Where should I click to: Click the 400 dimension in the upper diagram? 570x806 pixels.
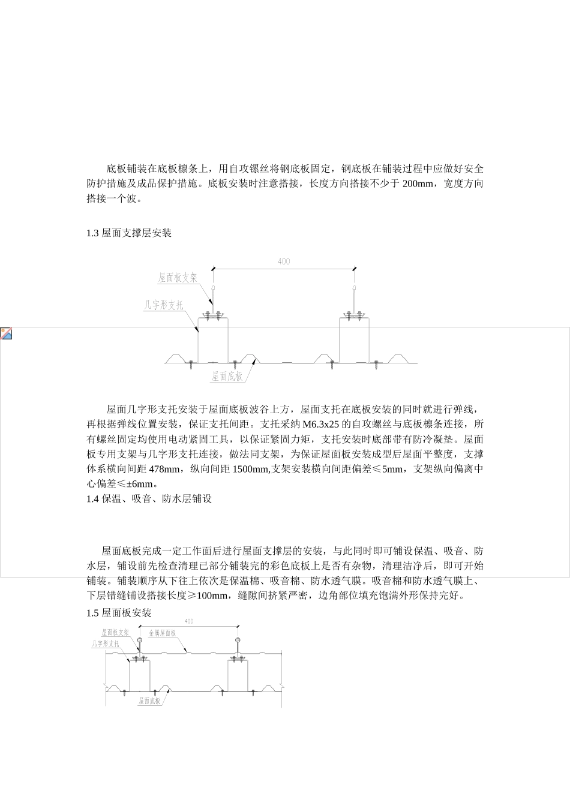pyautogui.click(x=284, y=261)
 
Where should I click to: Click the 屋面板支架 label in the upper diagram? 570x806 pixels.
pyautogui.click(x=178, y=278)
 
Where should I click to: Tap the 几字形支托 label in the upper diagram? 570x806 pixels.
pyautogui.click(x=163, y=305)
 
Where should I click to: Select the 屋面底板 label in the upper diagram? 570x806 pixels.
pyautogui.click(x=227, y=377)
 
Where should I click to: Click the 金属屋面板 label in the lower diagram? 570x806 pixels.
pyautogui.click(x=162, y=633)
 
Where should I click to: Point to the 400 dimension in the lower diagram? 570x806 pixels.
pyautogui.click(x=189, y=621)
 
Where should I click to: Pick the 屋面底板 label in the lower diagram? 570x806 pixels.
pyautogui.click(x=149, y=700)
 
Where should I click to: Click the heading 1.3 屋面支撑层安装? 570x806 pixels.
pyautogui.click(x=129, y=233)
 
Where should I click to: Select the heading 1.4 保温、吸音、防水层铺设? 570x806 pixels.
pyautogui.click(x=149, y=498)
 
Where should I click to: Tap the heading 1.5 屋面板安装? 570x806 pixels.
pyautogui.click(x=119, y=613)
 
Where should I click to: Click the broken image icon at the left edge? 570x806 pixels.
pyautogui.click(x=6, y=334)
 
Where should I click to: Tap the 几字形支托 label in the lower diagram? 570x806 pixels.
pyautogui.click(x=106, y=643)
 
